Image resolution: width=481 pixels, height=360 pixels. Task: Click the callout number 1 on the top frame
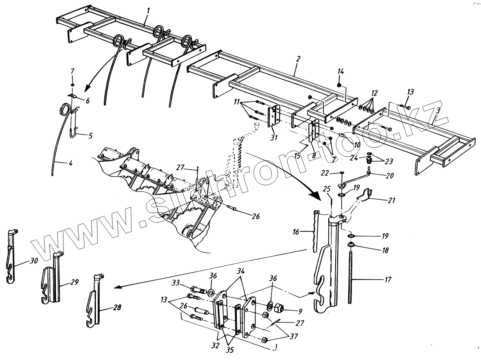[x=148, y=10]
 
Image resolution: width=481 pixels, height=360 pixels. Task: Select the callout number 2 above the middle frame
[x=298, y=59]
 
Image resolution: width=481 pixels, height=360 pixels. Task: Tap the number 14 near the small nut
[x=340, y=71]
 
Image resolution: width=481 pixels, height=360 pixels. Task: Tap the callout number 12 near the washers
[x=375, y=93]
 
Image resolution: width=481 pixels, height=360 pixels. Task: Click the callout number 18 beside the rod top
[x=385, y=250]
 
